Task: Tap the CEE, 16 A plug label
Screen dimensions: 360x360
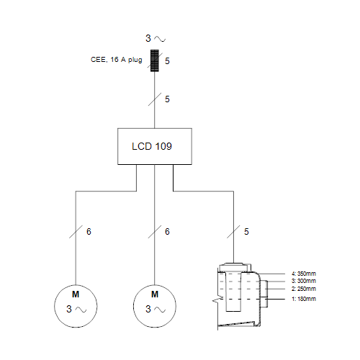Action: (117, 60)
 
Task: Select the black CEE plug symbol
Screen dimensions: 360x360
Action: (155, 60)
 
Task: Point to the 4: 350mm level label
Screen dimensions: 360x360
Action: (304, 274)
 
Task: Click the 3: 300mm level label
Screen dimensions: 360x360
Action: (304, 281)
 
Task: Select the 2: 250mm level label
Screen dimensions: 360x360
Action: (304, 289)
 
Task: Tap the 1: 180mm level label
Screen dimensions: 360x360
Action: (304, 299)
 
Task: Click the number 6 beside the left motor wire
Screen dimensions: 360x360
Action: (89, 232)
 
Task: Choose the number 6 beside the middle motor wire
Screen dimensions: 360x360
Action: (167, 232)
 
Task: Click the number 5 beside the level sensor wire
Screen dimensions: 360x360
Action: (246, 232)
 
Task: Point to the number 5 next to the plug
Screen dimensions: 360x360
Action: (167, 61)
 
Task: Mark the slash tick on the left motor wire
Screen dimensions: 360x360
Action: (76, 232)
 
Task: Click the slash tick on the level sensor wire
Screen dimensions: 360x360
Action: (233, 232)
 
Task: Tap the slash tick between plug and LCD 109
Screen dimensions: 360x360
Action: (155, 99)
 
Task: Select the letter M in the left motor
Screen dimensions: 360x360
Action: (76, 294)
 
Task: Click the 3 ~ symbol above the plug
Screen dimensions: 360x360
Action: (156, 38)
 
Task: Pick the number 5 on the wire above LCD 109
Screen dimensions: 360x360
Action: (167, 99)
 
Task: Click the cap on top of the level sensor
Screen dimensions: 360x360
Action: (234, 267)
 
